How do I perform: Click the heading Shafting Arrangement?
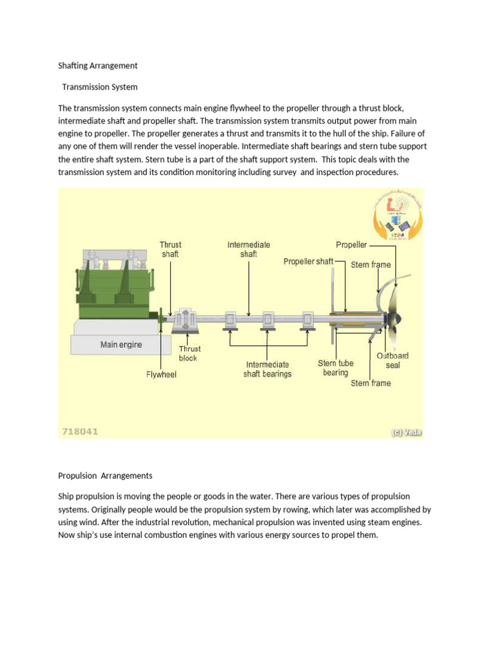pos(97,66)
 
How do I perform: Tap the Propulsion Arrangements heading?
pos(105,476)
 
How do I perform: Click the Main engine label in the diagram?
pos(121,344)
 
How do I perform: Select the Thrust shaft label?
pos(171,249)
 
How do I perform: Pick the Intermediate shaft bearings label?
pos(267,369)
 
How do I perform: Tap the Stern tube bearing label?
pos(336,368)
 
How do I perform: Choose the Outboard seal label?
pos(393,360)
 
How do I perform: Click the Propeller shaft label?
pos(308,261)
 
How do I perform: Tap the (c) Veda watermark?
pos(406,432)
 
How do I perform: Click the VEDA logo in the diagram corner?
pos(398,216)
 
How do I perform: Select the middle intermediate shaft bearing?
pos(267,319)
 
